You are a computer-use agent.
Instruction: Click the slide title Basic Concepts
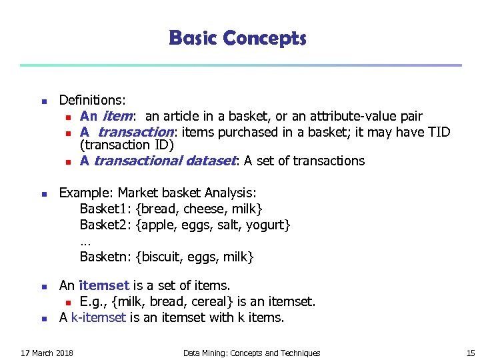(x=237, y=38)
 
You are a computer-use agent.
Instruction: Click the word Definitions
(x=92, y=101)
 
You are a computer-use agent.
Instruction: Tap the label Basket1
(x=104, y=209)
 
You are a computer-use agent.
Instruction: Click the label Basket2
(x=104, y=225)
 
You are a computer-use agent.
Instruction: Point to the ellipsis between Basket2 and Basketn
(x=85, y=241)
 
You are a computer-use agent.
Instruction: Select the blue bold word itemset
(x=103, y=286)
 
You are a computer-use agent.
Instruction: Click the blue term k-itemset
(x=98, y=318)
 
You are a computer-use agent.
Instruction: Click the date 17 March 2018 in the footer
(x=47, y=353)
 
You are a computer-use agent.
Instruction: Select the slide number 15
(x=471, y=353)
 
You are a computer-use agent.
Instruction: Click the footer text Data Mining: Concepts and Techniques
(x=251, y=353)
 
